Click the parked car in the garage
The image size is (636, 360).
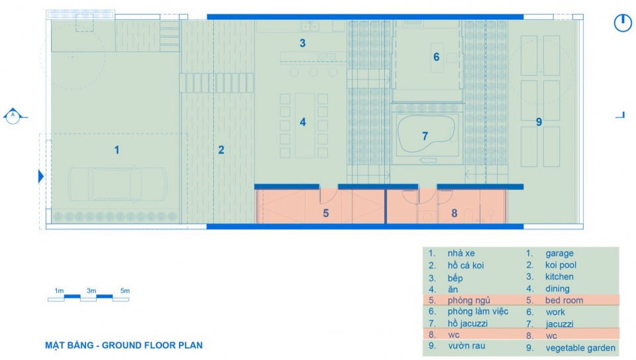click(x=118, y=185)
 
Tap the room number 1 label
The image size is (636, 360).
click(x=117, y=150)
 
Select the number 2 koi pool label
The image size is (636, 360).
click(x=221, y=150)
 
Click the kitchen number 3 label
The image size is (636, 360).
click(x=303, y=44)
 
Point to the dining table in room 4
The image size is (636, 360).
click(x=305, y=125)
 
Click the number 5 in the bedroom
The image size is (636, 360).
click(x=326, y=213)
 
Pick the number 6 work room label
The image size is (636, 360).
click(x=437, y=57)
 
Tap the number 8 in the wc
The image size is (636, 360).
click(x=454, y=213)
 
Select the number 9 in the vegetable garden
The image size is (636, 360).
click(x=539, y=122)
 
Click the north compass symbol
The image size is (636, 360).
click(x=623, y=23)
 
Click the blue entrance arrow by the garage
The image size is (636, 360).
click(x=41, y=176)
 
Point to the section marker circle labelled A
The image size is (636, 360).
click(x=13, y=117)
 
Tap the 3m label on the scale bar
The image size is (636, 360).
click(x=91, y=290)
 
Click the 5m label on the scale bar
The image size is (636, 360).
click(x=125, y=290)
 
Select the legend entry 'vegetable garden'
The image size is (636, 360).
click(x=580, y=348)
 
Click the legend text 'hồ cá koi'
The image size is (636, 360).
click(x=466, y=265)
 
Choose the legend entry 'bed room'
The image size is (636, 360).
click(x=564, y=300)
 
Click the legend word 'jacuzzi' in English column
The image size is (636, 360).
click(x=559, y=324)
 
